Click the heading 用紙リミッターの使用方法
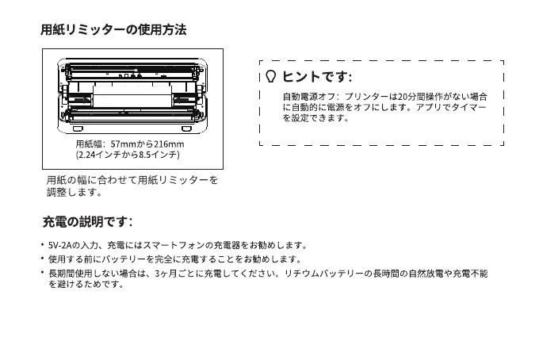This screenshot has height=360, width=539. (113, 31)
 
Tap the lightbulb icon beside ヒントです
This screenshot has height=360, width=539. (271, 76)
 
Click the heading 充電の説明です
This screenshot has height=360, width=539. (86, 221)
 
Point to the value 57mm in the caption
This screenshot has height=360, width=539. (123, 144)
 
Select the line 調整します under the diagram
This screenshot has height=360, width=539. (74, 192)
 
